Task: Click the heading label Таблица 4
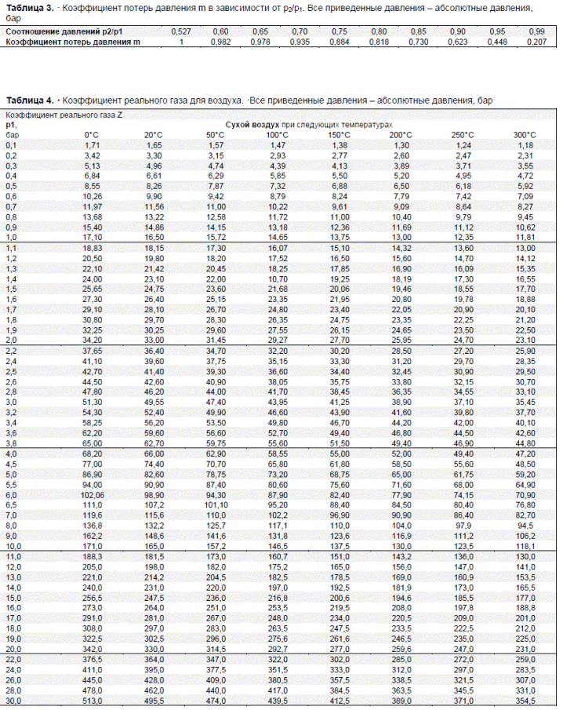30,100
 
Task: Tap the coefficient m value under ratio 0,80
379,41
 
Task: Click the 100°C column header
278,135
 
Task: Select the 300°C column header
525,135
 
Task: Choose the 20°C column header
153,135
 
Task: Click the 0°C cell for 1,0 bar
92,236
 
